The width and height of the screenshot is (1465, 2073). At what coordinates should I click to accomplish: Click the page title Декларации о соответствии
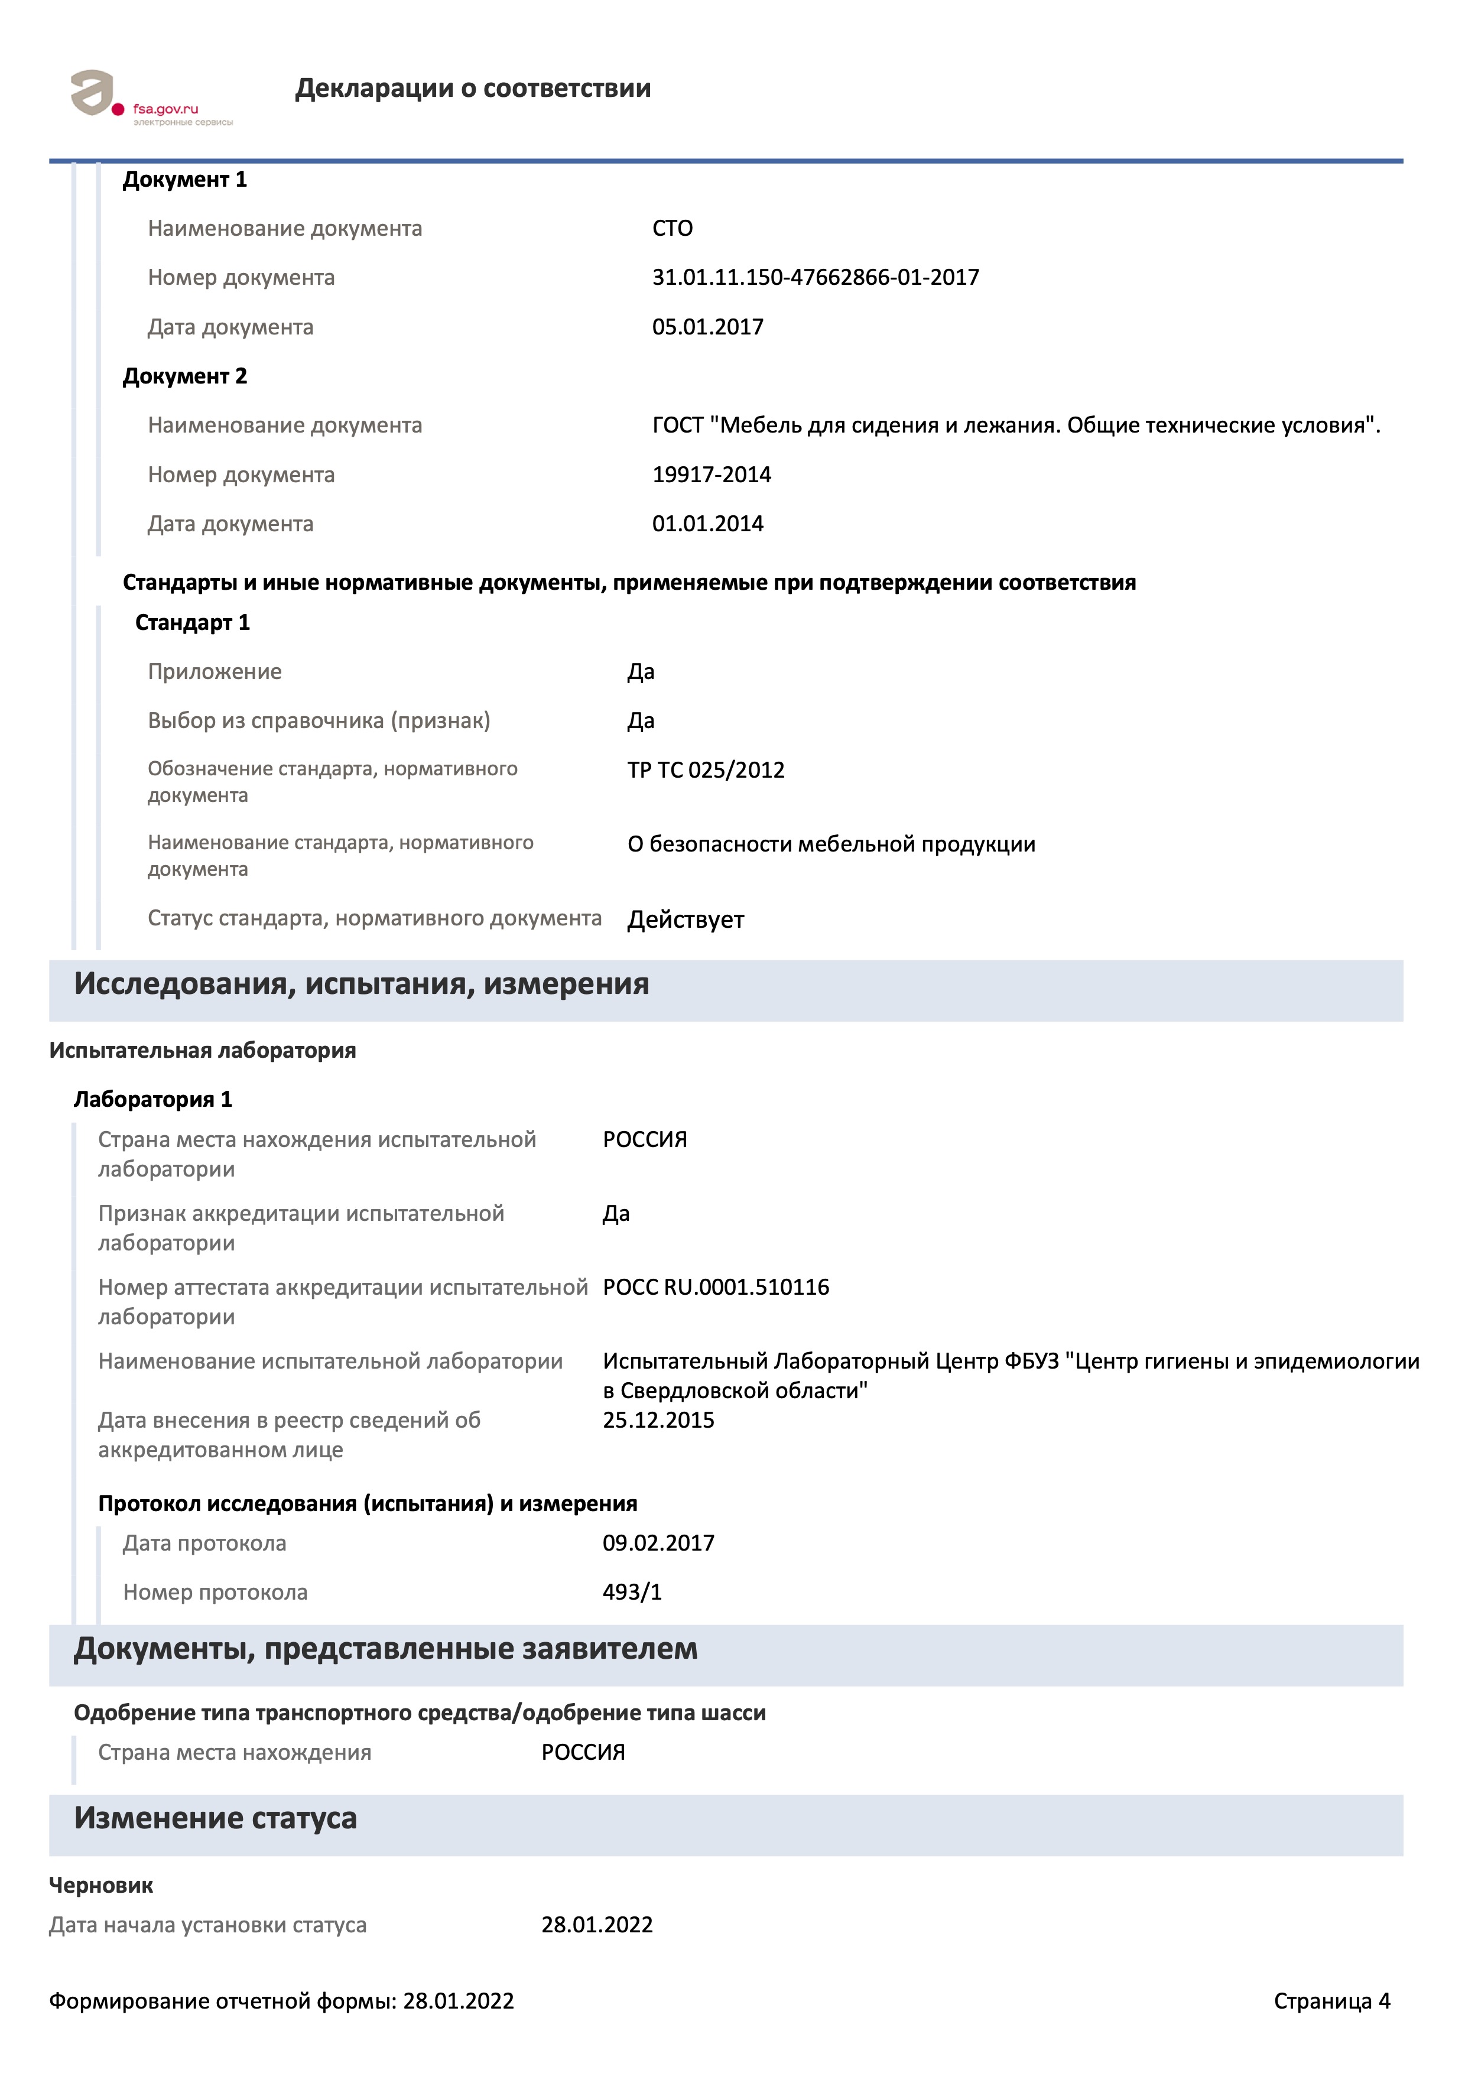(472, 89)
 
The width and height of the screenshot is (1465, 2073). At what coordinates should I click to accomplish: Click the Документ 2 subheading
(184, 376)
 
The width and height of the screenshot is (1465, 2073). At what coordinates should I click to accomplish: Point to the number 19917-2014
(712, 475)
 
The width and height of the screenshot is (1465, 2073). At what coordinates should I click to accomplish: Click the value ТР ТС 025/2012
(706, 770)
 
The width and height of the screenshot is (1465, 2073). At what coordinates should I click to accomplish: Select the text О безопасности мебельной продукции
(831, 844)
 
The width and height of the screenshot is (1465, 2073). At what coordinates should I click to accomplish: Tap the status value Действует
(685, 920)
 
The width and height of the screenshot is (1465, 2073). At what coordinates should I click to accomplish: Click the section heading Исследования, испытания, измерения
(361, 984)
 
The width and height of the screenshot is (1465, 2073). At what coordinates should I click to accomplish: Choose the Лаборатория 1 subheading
(152, 1100)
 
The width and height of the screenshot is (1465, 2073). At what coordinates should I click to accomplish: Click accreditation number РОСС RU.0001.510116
(716, 1288)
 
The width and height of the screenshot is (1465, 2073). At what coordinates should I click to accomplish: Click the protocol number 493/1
(632, 1592)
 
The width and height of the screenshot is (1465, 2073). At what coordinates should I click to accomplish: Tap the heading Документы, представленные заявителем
(385, 1649)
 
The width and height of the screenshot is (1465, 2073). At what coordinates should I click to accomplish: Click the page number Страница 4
(1331, 2001)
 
